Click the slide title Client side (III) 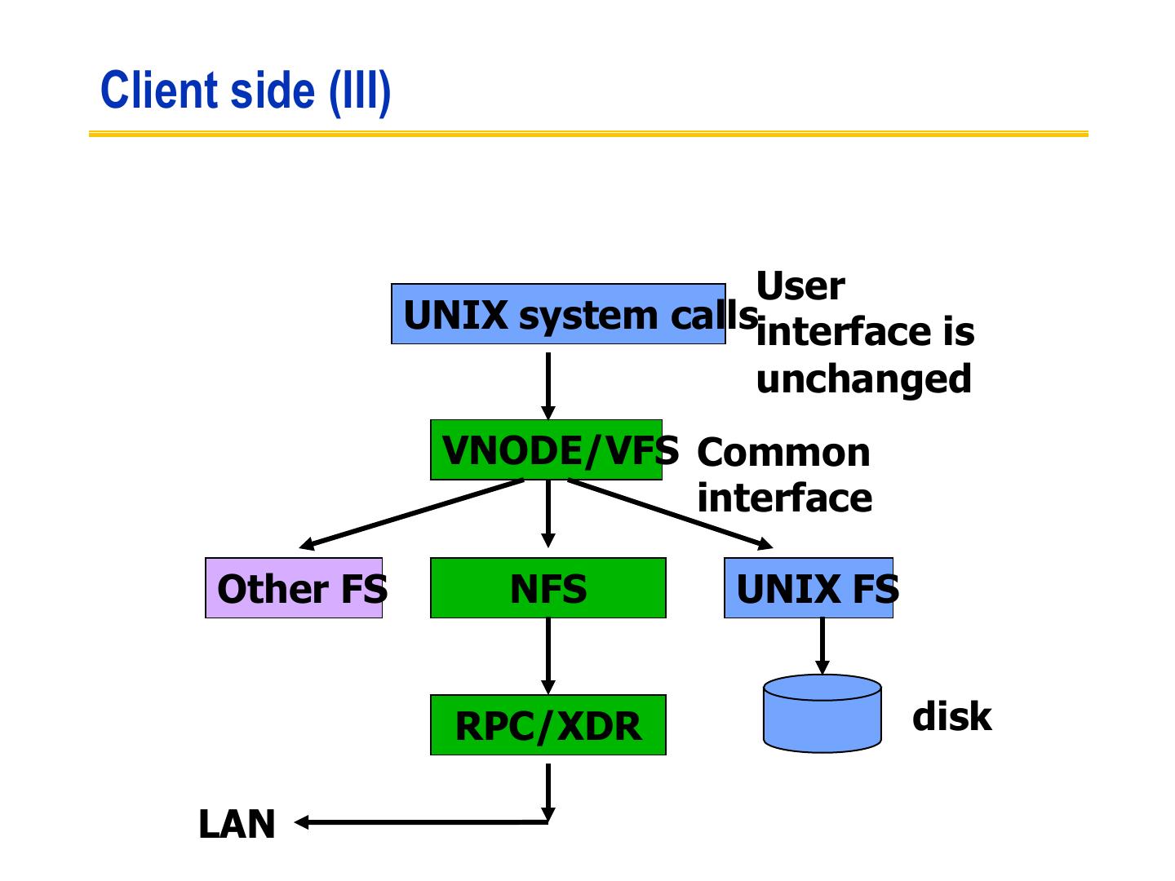246,91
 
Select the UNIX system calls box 558,314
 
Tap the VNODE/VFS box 546,450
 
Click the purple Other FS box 294,588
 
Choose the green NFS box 548,588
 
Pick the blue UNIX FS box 809,588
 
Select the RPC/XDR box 548,725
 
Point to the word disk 951,716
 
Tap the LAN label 237,824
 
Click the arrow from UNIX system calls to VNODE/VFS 548,383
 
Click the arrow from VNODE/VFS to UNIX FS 669,514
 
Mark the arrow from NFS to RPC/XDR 548,655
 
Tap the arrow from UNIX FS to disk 822,644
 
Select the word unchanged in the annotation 863,379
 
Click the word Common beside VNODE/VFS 783,453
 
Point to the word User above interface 800,286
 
